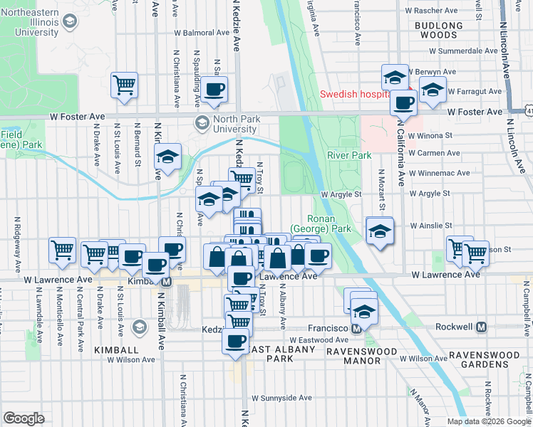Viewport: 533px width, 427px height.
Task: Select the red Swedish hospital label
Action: (x=354, y=94)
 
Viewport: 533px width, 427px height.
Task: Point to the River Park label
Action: (x=349, y=155)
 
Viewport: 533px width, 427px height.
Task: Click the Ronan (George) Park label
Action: (x=328, y=224)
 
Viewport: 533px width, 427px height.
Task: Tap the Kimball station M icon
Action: (x=167, y=282)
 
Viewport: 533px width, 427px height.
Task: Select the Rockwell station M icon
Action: (x=482, y=327)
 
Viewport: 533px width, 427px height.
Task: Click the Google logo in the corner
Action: (x=24, y=418)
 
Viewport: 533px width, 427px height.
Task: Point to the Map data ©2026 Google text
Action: (x=489, y=421)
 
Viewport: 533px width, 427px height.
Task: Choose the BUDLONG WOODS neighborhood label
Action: (x=434, y=30)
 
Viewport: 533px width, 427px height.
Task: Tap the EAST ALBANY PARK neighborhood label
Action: (x=269, y=354)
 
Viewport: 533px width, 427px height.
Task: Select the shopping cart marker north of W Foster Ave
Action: (x=125, y=84)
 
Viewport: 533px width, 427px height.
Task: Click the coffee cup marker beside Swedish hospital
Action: (x=404, y=102)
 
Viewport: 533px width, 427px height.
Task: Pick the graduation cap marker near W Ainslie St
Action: (x=379, y=231)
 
